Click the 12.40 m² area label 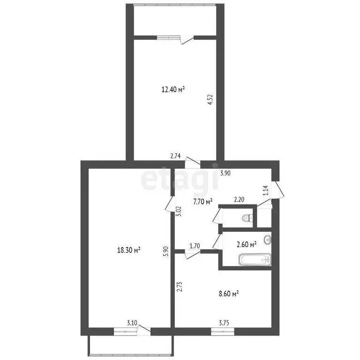pos(173,90)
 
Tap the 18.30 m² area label pos(129,250)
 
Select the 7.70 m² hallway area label pos(202,202)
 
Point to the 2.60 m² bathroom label pos(247,245)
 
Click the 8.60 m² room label pos(229,293)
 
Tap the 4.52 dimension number pos(210,100)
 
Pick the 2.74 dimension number pos(175,156)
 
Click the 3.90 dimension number pos(225,173)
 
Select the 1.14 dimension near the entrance pos(266,190)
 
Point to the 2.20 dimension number pos(239,200)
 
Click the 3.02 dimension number pos(180,211)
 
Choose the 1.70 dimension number pos(195,246)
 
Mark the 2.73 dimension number pos(180,286)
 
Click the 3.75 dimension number pos(224,323)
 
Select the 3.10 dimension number pos(132,323)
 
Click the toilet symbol pos(247,217)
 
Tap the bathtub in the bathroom pos(255,260)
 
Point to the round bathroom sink pos(268,240)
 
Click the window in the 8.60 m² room pos(223,331)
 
